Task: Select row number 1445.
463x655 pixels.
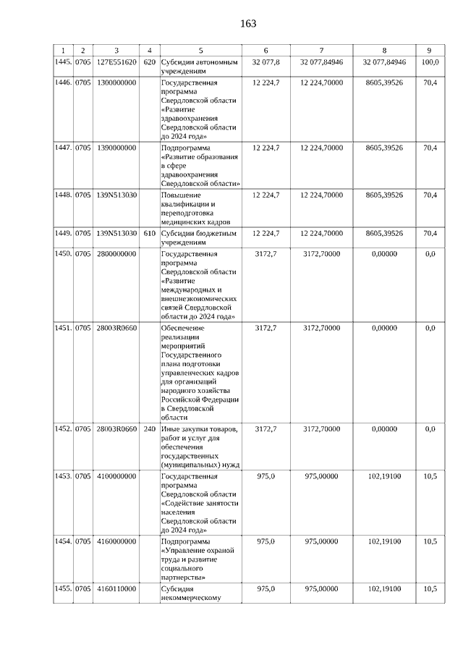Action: (64, 62)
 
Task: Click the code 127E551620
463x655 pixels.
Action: (116, 62)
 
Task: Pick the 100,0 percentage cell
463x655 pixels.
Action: (430, 62)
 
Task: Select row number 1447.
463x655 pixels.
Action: (64, 148)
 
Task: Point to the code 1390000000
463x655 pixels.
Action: (116, 148)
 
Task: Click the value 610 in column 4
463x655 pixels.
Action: (150, 233)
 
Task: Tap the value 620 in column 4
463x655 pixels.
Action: (150, 62)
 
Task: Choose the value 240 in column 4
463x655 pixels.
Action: (150, 429)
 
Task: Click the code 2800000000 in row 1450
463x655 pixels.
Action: (116, 254)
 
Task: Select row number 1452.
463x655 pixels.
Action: (64, 429)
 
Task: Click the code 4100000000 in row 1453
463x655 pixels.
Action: (116, 477)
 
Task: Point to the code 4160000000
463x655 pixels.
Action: (116, 541)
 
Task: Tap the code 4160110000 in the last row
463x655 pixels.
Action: (116, 589)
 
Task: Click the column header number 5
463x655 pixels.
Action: (200, 50)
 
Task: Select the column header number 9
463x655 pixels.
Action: (430, 50)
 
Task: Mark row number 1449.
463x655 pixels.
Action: (64, 233)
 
